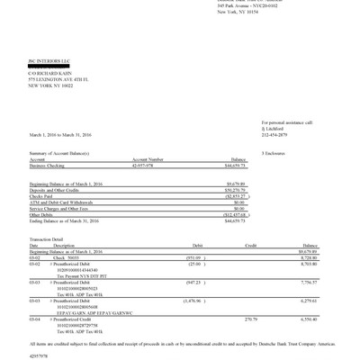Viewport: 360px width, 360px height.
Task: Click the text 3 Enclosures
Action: coord(274,154)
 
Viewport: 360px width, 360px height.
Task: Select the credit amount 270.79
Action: coord(250,318)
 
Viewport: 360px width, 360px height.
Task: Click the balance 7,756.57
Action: coord(309,282)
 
